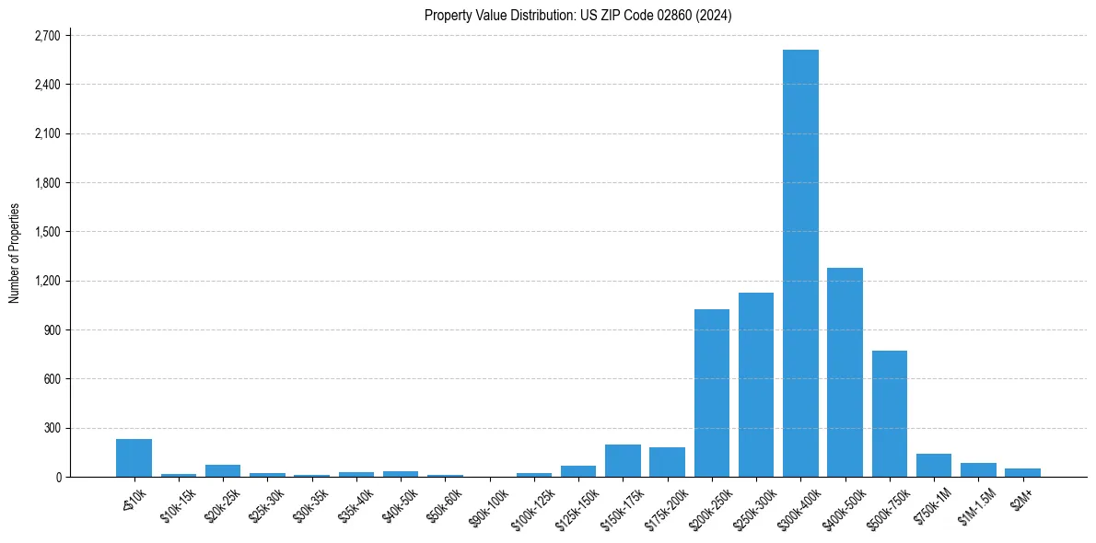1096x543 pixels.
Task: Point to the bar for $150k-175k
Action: (623, 460)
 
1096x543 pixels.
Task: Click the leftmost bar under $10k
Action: (134, 457)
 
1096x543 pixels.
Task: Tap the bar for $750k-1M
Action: (934, 466)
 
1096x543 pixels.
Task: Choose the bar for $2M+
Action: (1022, 472)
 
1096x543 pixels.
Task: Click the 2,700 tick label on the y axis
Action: (46, 36)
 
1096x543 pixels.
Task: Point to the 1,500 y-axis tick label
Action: (46, 232)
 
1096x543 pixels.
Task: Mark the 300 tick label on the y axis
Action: (51, 428)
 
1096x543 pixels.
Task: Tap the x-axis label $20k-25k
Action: (221, 504)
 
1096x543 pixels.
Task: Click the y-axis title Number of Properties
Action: (14, 253)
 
